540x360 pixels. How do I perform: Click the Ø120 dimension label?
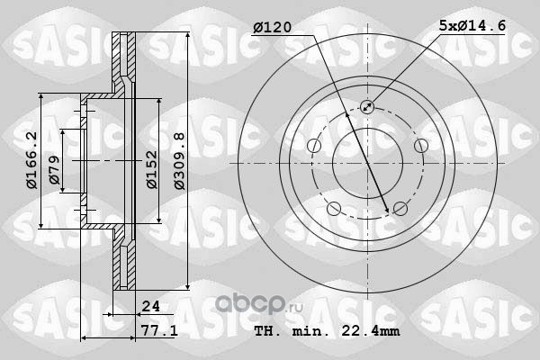click(273, 28)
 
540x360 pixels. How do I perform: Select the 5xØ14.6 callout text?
click(472, 25)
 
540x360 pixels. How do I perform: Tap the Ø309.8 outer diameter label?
click(179, 161)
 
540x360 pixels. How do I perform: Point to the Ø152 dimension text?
click(152, 169)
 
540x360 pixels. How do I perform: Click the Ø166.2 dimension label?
click(31, 160)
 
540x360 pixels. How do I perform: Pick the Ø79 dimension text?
click(54, 169)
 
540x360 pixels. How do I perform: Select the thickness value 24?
click(151, 306)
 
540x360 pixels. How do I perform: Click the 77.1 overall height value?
click(159, 331)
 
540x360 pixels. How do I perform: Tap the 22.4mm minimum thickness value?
click(371, 331)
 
